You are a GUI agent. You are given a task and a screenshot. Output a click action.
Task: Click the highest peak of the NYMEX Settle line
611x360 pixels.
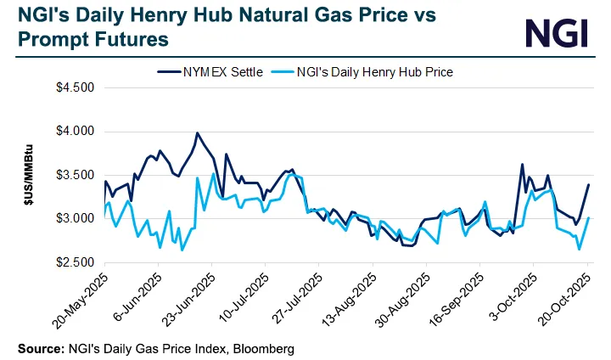197,133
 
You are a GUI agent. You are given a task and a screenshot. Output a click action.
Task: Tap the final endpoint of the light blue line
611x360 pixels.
589,218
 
